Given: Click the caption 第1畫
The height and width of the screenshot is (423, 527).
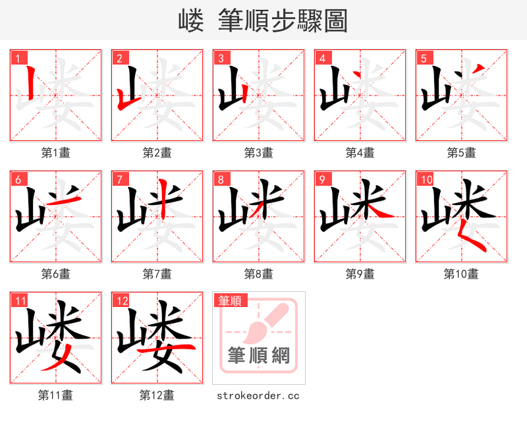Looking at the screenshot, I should pyautogui.click(x=56, y=153).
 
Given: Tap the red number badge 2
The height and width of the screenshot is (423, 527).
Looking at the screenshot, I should pyautogui.click(x=119, y=58).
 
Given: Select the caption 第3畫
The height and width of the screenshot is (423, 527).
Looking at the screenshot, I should pyautogui.click(x=259, y=153).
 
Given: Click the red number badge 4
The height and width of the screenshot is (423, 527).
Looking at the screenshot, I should pyautogui.click(x=322, y=58).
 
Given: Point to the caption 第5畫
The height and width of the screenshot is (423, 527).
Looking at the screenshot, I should pyautogui.click(x=461, y=153).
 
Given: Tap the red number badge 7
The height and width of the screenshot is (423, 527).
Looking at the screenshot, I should pyautogui.click(x=119, y=179).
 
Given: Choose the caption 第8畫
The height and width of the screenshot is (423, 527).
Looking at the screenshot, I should pyautogui.click(x=259, y=274).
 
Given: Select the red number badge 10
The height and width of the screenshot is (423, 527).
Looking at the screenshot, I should pyautogui.click(x=426, y=179).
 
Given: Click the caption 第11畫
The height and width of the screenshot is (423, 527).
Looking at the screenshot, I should pyautogui.click(x=56, y=395).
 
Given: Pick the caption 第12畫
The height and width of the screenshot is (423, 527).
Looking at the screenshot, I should pyautogui.click(x=157, y=395).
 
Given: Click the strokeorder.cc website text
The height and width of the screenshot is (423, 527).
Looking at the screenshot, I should pyautogui.click(x=259, y=395).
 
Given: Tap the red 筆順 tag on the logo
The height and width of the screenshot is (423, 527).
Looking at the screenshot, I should pyautogui.click(x=231, y=300).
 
